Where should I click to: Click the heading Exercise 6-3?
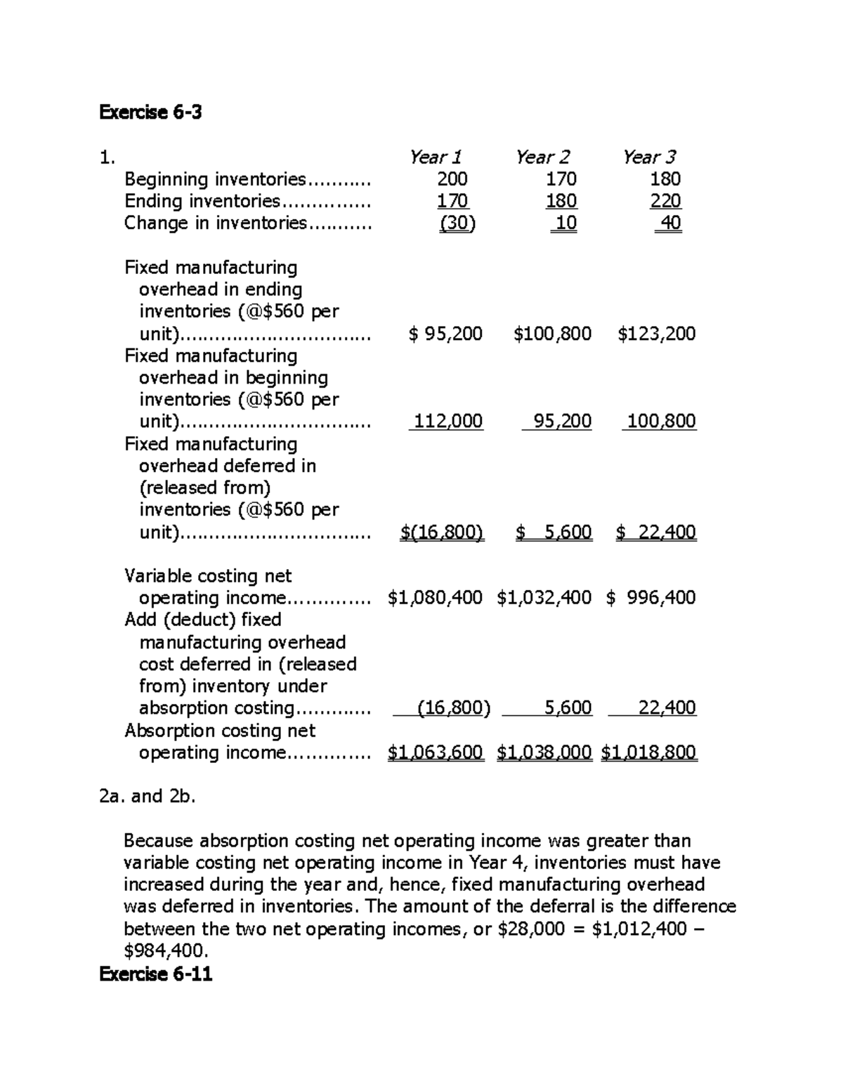[x=150, y=112]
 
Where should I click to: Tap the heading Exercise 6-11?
[x=155, y=974]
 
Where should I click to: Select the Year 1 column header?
[x=436, y=157]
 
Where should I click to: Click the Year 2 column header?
[x=542, y=157]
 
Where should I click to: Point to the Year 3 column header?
[x=649, y=157]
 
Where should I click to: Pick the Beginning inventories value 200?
[x=452, y=179]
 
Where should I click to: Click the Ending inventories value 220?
[x=665, y=202]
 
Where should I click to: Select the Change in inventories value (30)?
[x=457, y=223]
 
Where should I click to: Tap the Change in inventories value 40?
[x=669, y=223]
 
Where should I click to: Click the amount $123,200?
[x=657, y=334]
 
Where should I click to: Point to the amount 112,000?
[x=447, y=422]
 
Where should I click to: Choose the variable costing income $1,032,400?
[x=544, y=598]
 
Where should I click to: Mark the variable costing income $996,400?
[x=651, y=598]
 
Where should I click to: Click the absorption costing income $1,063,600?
[x=436, y=752]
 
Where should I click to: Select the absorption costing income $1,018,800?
[x=649, y=752]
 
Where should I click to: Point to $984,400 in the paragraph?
[x=166, y=951]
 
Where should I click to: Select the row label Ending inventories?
[x=202, y=202]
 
